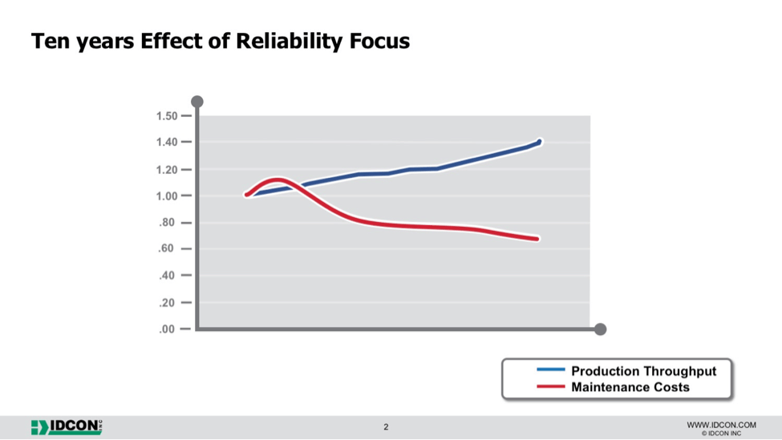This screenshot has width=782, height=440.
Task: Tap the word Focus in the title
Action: coord(379,40)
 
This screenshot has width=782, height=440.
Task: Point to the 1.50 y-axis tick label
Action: coord(167,116)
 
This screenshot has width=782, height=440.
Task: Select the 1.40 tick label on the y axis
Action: coord(167,143)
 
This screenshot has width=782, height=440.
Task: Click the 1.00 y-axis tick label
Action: coord(167,196)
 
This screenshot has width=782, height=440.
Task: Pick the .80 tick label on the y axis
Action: coord(167,223)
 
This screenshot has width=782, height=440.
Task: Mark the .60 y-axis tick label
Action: coord(167,248)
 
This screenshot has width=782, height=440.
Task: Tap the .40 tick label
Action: coord(167,276)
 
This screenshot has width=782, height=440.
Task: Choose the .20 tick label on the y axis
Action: coord(167,303)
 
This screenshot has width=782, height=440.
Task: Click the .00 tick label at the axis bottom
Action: coord(167,329)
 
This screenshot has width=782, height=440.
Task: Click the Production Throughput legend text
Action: coord(643,371)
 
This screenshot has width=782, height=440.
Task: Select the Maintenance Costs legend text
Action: coord(630,387)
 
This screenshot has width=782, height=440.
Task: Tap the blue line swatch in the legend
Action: coord(550,369)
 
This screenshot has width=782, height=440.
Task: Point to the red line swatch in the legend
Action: coord(550,386)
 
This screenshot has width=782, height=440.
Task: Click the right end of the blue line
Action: coord(539,142)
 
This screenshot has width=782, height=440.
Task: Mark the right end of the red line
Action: coord(537,239)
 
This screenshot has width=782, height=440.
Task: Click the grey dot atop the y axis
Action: coord(197,102)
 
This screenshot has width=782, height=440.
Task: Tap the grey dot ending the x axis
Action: coord(601,329)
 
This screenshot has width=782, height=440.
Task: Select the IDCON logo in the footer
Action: coord(67,427)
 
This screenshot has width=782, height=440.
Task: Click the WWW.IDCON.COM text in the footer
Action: coord(721,425)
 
